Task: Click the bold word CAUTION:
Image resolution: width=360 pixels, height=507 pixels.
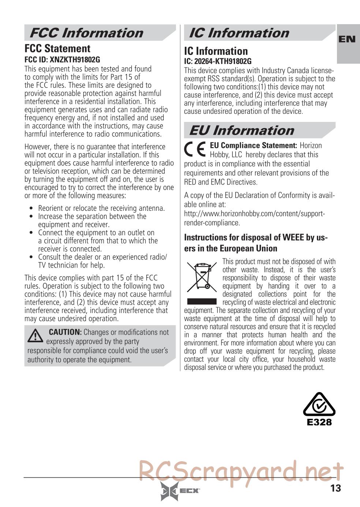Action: tap(65, 332)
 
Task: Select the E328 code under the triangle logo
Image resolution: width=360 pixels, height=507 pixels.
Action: tap(319, 422)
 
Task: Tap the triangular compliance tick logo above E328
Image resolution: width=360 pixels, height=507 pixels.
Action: tap(319, 406)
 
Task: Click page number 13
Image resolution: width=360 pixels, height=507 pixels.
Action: tap(335, 488)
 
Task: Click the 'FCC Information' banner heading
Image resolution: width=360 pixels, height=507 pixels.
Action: tap(86, 33)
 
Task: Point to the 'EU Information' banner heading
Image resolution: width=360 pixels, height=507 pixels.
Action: tap(241, 130)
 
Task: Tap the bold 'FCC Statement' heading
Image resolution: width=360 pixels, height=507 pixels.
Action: tap(57, 49)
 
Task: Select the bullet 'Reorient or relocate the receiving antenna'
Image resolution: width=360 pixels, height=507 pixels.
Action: tap(101, 208)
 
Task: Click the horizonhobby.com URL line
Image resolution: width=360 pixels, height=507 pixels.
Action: tap(254, 214)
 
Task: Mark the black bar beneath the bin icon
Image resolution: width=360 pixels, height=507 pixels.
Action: tap(202, 302)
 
